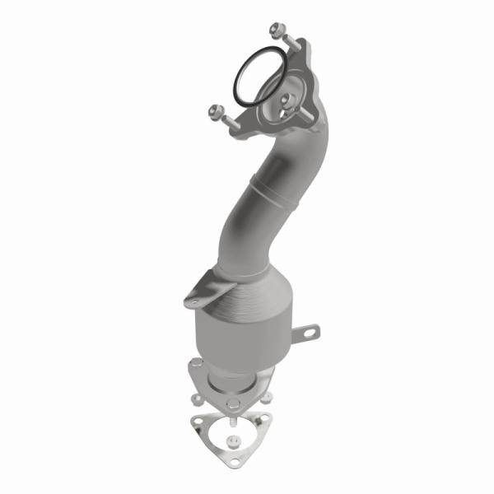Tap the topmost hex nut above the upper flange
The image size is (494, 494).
pyautogui.click(x=276, y=32)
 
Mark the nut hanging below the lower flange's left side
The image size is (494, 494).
pyautogui.click(x=198, y=398)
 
